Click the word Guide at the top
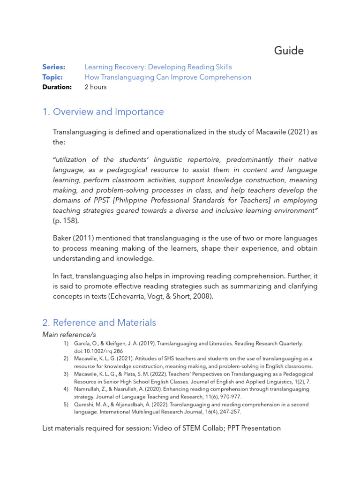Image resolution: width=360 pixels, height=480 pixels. point(289,51)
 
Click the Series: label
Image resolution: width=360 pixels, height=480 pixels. point(53,67)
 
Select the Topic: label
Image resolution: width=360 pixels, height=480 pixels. point(52,77)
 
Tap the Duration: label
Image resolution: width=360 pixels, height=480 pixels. point(57,87)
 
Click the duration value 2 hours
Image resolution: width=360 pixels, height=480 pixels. point(96,87)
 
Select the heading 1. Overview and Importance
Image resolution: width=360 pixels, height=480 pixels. point(103,112)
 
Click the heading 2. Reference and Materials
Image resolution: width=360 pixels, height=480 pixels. point(99,322)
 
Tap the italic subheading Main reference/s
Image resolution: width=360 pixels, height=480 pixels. point(69,334)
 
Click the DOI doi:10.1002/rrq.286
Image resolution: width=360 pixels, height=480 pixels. point(98,351)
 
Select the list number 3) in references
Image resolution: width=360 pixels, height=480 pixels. point(66,374)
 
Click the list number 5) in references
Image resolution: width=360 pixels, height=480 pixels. point(66,405)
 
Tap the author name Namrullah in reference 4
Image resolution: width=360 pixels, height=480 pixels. point(89,389)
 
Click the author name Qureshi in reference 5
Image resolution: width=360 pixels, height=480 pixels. point(84,405)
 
